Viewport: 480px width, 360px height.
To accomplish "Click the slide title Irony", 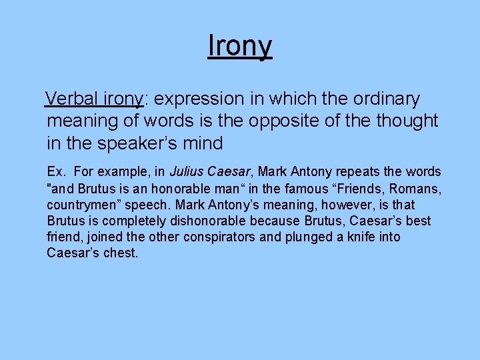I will click(239, 47).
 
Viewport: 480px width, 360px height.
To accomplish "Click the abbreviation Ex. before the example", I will click(56, 172).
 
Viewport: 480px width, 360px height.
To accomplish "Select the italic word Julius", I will click(186, 172).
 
